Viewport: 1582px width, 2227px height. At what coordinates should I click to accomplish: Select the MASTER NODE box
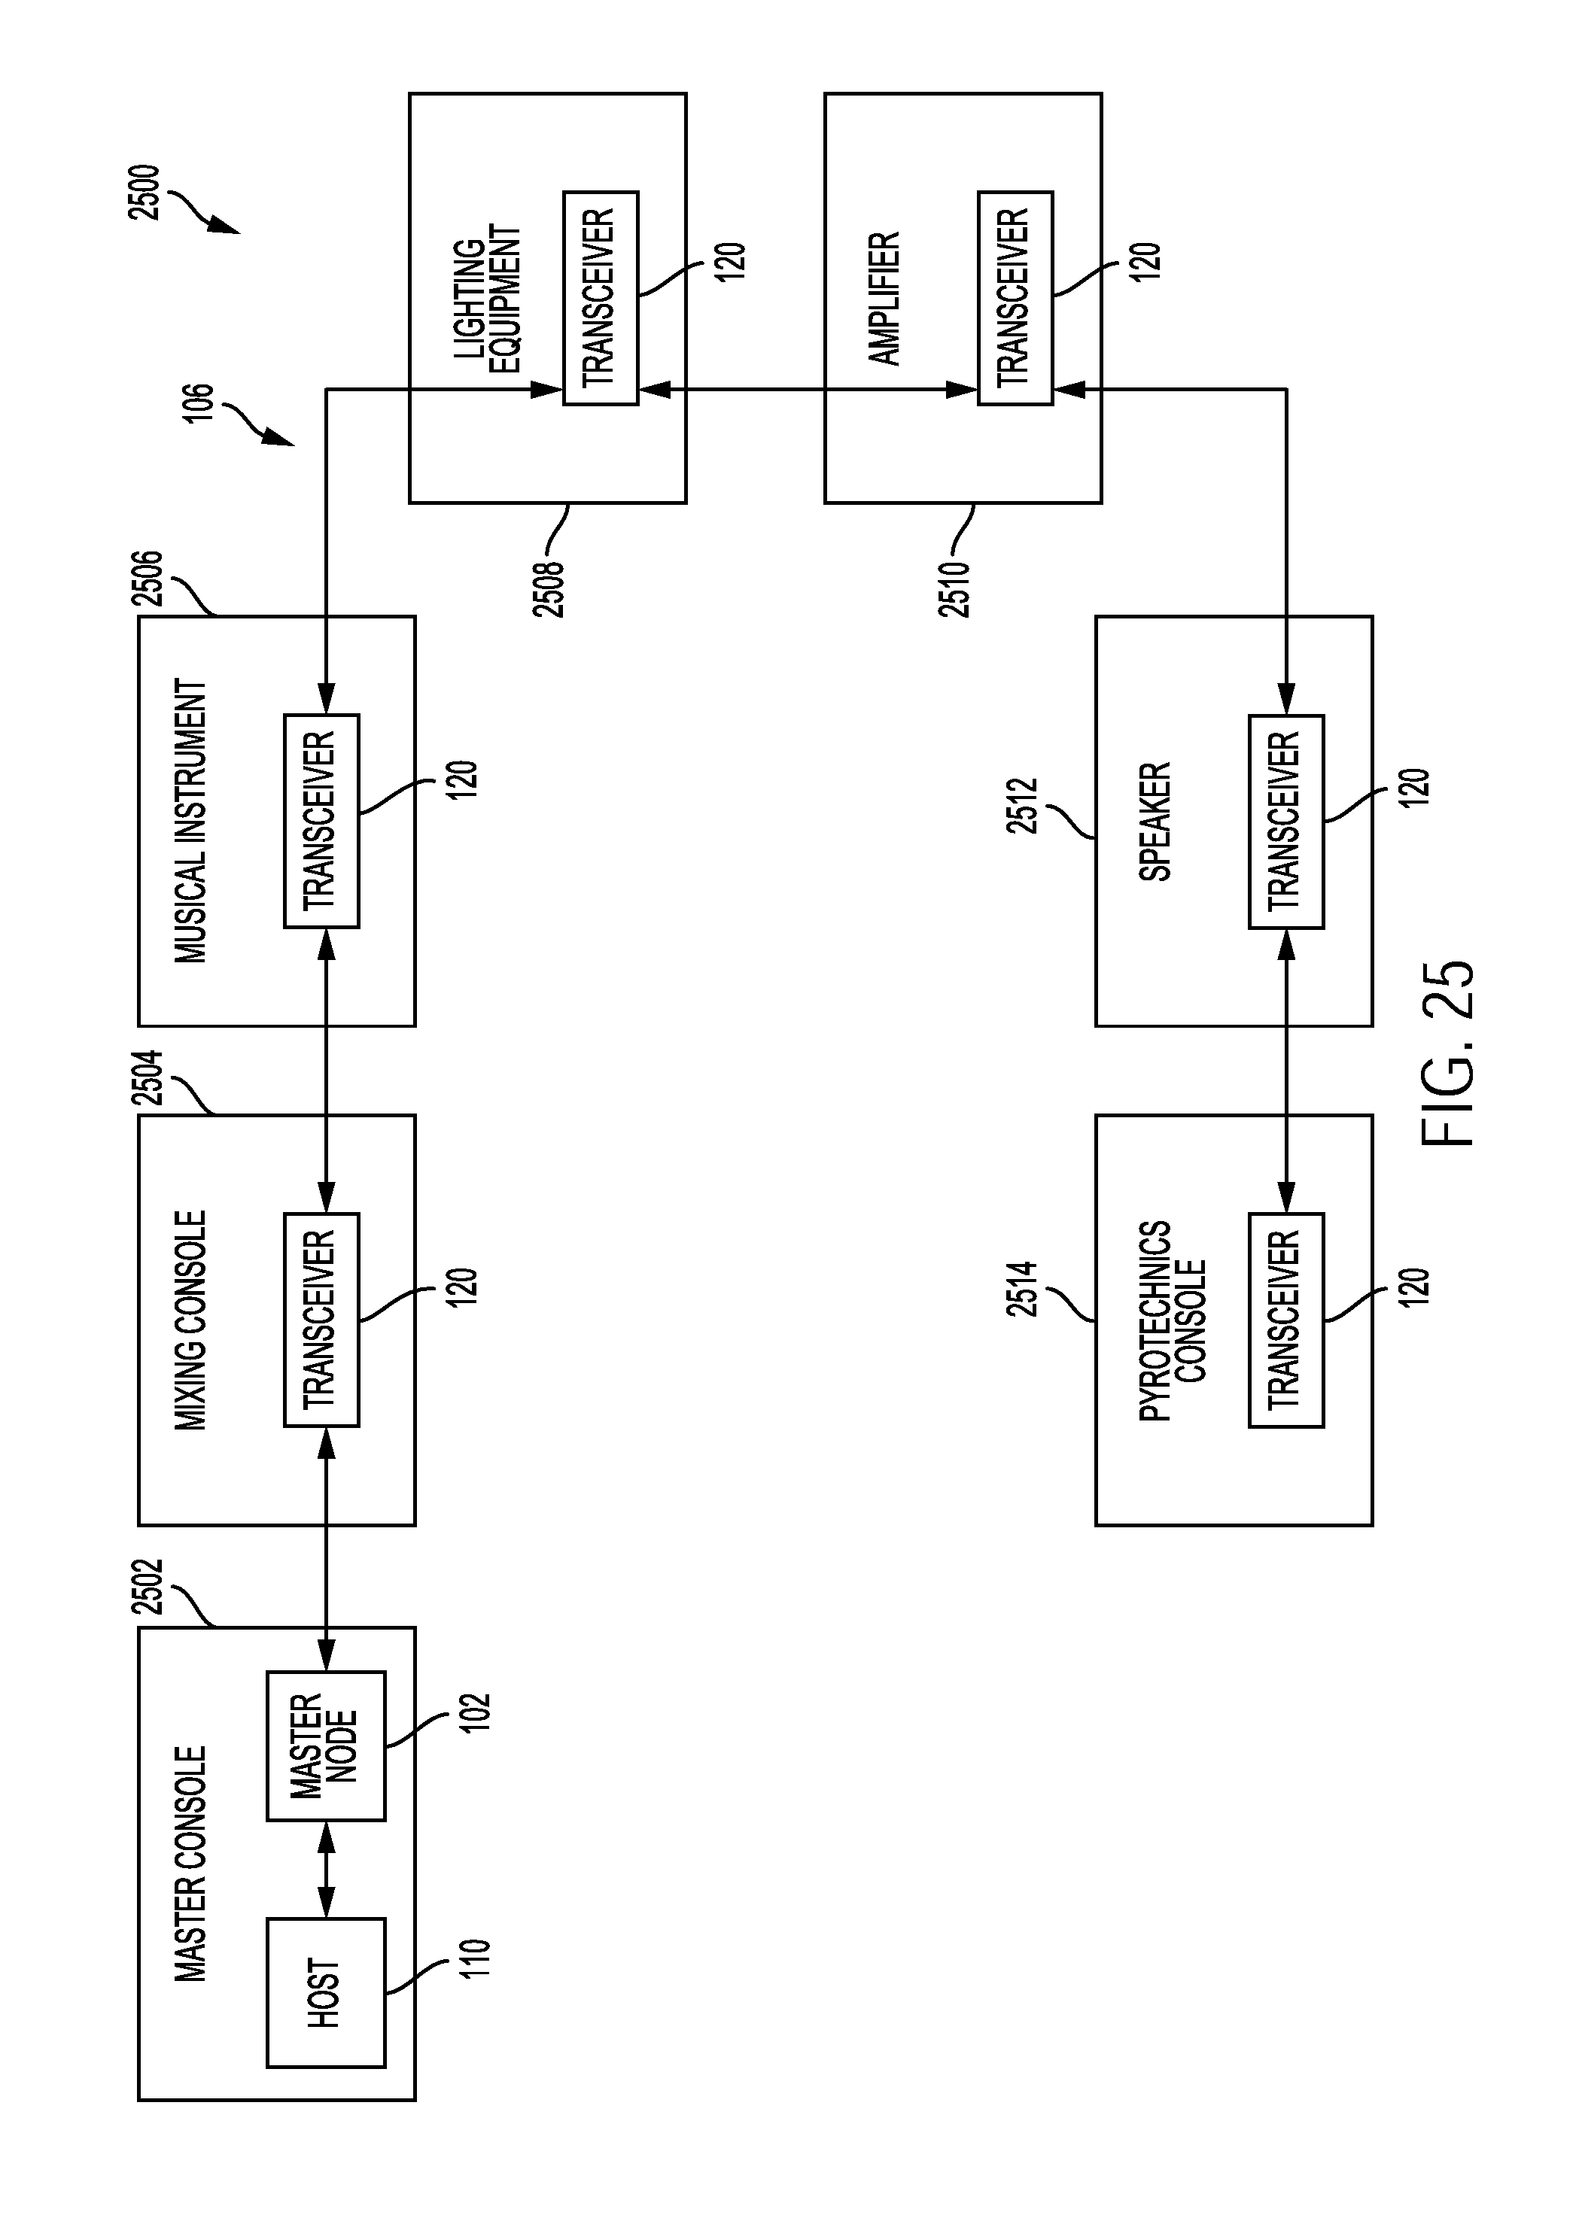pos(325,1746)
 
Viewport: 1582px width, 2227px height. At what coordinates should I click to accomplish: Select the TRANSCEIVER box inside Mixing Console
pos(321,1320)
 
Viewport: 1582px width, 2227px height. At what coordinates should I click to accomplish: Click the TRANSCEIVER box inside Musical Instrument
pos(321,821)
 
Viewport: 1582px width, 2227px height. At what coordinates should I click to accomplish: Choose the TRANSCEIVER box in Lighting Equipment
pos(600,298)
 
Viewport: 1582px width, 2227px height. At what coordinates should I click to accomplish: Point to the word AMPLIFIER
pos(884,298)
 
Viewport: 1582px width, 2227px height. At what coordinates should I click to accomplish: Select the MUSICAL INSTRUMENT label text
pos(191,821)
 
